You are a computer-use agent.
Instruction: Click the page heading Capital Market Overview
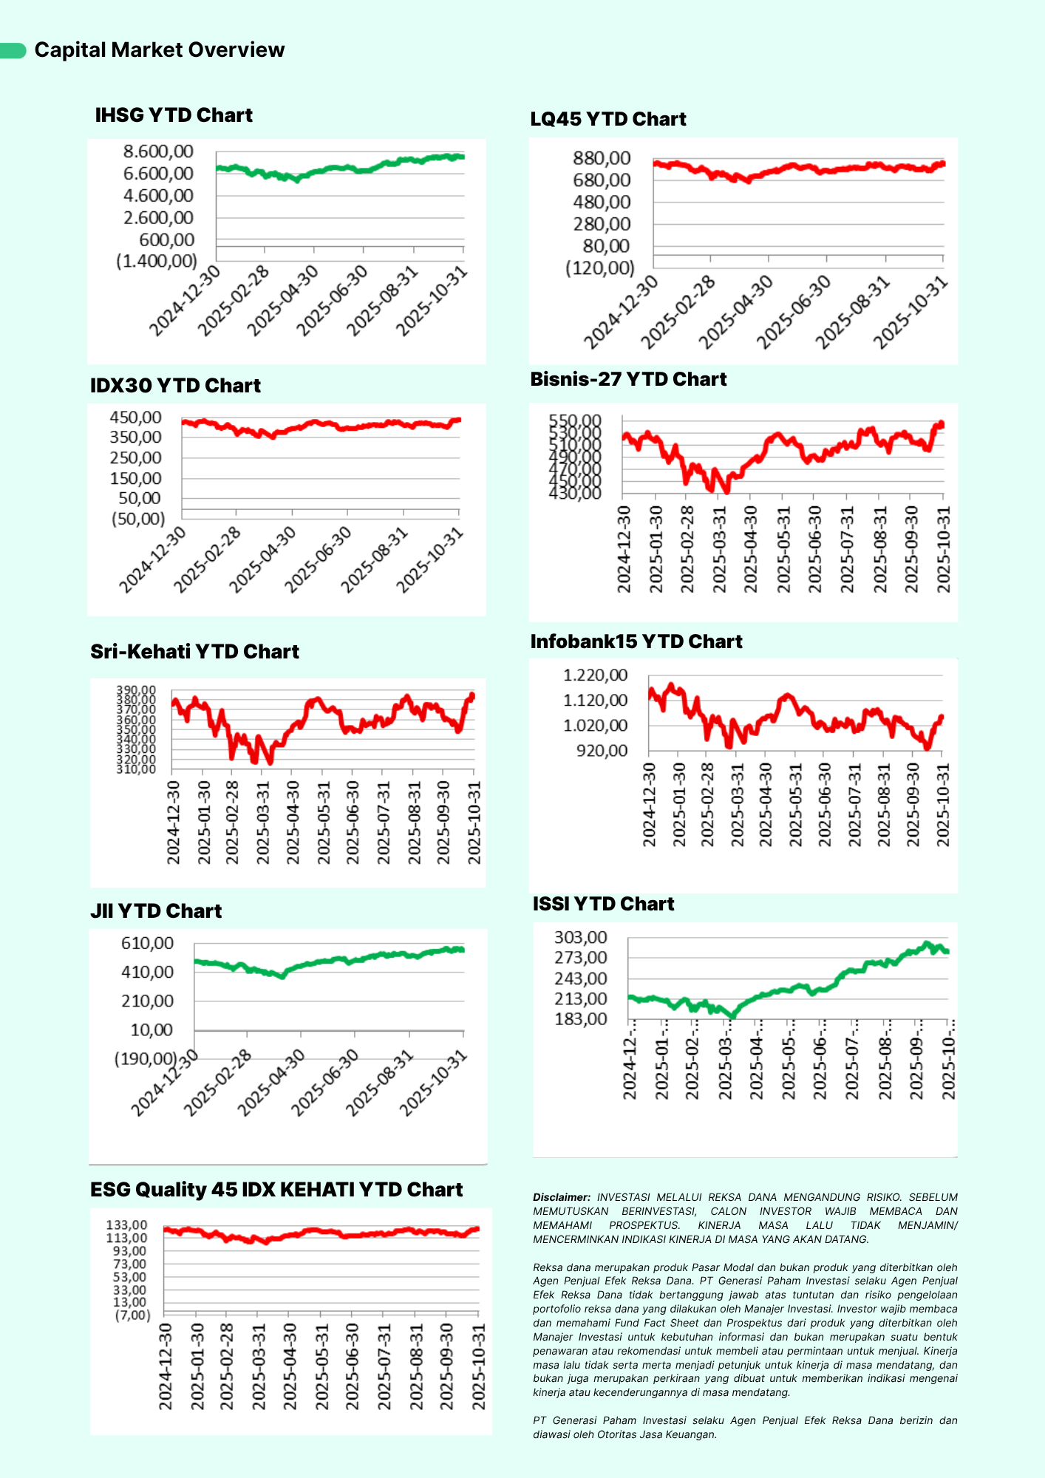[160, 50]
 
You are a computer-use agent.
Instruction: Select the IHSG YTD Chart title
[174, 115]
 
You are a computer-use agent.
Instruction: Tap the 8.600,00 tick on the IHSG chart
[158, 151]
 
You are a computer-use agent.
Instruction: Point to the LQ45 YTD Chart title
[608, 119]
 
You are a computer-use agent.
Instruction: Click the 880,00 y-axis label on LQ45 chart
[602, 158]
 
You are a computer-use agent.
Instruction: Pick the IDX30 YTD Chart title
[175, 386]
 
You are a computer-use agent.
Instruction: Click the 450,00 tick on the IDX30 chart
[135, 418]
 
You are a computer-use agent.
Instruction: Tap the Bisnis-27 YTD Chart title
[628, 379]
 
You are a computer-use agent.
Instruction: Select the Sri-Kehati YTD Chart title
[194, 652]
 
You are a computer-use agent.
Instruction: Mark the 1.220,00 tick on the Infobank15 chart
[595, 675]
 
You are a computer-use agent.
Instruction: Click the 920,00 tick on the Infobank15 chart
[602, 751]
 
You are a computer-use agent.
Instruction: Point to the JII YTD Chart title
[156, 911]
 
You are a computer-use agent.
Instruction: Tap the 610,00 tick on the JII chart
[147, 943]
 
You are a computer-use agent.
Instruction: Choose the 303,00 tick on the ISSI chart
[580, 938]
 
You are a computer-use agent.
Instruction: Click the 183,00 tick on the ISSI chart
[580, 1019]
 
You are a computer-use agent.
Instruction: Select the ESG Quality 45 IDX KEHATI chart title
[276, 1190]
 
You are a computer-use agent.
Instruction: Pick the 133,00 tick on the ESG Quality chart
[126, 1225]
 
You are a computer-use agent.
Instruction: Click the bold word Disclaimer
[561, 1197]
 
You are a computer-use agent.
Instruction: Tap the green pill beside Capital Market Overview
[13, 50]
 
